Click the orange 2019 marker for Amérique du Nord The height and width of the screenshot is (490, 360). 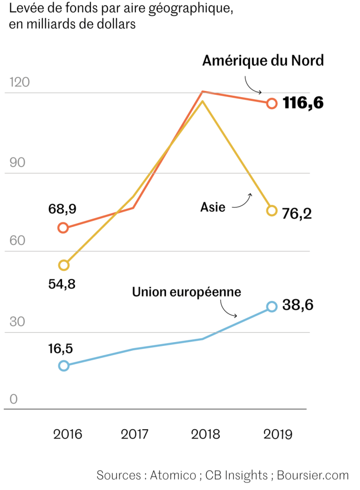[272, 103]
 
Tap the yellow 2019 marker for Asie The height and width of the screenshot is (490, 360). [272, 211]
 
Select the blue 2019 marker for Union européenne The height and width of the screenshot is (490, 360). [272, 307]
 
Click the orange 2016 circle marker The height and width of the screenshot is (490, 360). [63, 228]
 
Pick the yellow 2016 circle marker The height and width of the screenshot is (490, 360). [64, 265]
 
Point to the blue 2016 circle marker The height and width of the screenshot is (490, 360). [64, 366]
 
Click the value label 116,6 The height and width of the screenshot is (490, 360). [303, 103]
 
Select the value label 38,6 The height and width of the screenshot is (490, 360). [298, 305]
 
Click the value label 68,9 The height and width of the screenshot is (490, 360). [63, 209]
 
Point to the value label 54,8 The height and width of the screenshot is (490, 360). [62, 284]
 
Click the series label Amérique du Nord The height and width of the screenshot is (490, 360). [263, 61]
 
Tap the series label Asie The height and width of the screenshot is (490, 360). [212, 207]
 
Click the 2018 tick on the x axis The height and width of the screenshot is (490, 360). [206, 434]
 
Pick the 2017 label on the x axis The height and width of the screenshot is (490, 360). [135, 434]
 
